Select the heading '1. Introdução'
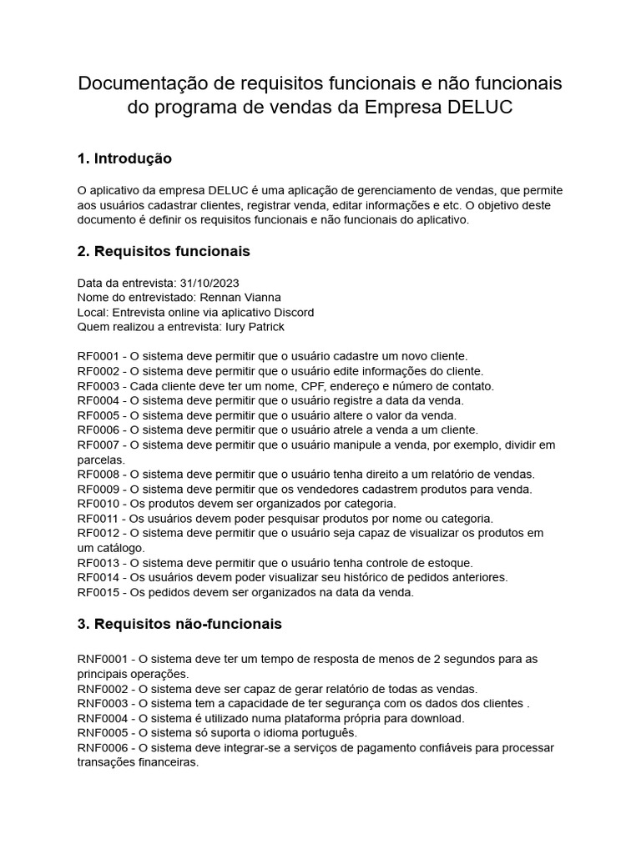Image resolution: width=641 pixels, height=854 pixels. (124, 158)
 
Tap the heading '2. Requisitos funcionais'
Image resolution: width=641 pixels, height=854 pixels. (163, 251)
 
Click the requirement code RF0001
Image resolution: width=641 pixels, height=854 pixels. (98, 356)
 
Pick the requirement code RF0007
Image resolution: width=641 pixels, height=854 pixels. (98, 445)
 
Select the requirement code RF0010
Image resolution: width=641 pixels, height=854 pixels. (98, 504)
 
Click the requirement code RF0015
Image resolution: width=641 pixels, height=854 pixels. (98, 592)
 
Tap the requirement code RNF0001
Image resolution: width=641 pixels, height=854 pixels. (103, 659)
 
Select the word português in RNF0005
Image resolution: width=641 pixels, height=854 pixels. (326, 733)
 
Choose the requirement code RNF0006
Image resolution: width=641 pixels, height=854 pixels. (103, 748)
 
